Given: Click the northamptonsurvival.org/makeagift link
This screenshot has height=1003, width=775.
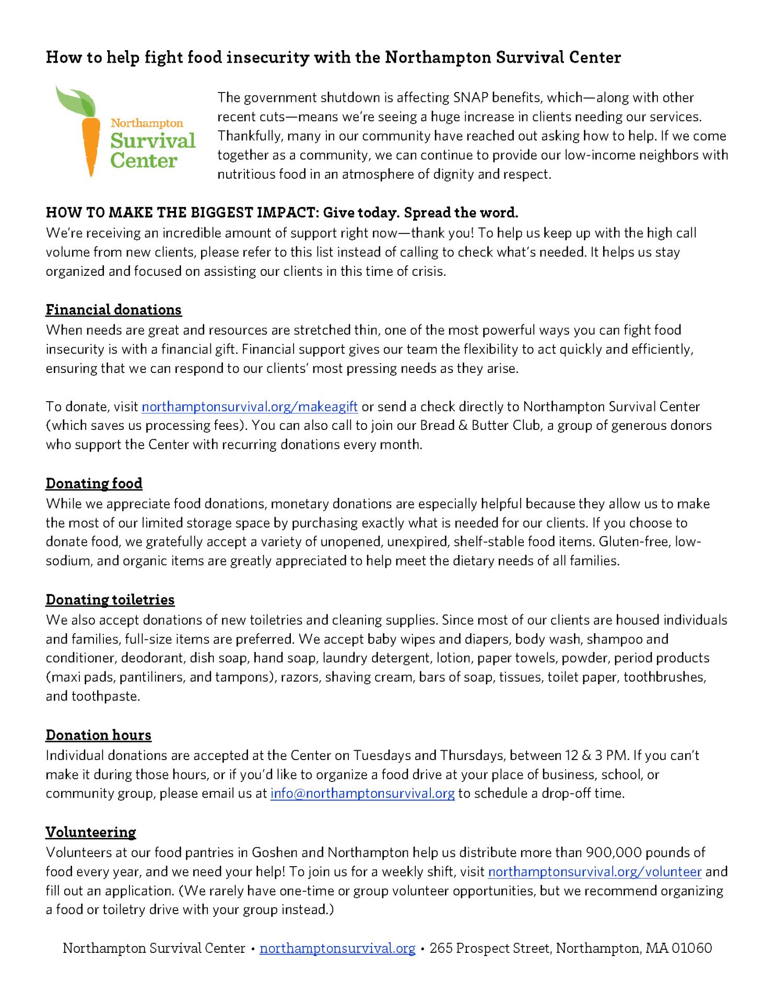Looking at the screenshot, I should [249, 406].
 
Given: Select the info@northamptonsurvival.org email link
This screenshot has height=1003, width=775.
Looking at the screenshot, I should [362, 793].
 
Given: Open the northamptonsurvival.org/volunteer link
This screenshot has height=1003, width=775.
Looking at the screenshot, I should [594, 871].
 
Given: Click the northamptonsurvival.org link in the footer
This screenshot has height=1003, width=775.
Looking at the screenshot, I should [337, 948].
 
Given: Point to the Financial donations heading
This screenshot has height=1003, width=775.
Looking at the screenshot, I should [113, 310].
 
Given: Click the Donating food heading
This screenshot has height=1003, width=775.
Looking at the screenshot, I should [94, 483].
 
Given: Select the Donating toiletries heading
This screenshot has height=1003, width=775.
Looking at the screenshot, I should [110, 600].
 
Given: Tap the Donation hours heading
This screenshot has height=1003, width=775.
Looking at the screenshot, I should [98, 735].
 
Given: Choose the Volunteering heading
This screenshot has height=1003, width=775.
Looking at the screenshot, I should [91, 832].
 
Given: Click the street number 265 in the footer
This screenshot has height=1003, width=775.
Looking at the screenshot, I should [441, 948].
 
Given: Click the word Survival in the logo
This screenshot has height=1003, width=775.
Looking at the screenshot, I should [152, 141].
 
